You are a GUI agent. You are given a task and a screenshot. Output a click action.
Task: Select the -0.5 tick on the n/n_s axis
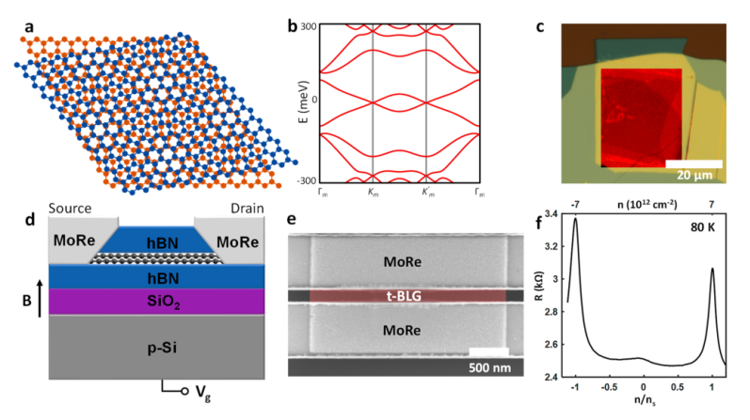(x=611, y=386)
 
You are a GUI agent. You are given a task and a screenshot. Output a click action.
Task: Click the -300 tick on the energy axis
(x=306, y=179)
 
